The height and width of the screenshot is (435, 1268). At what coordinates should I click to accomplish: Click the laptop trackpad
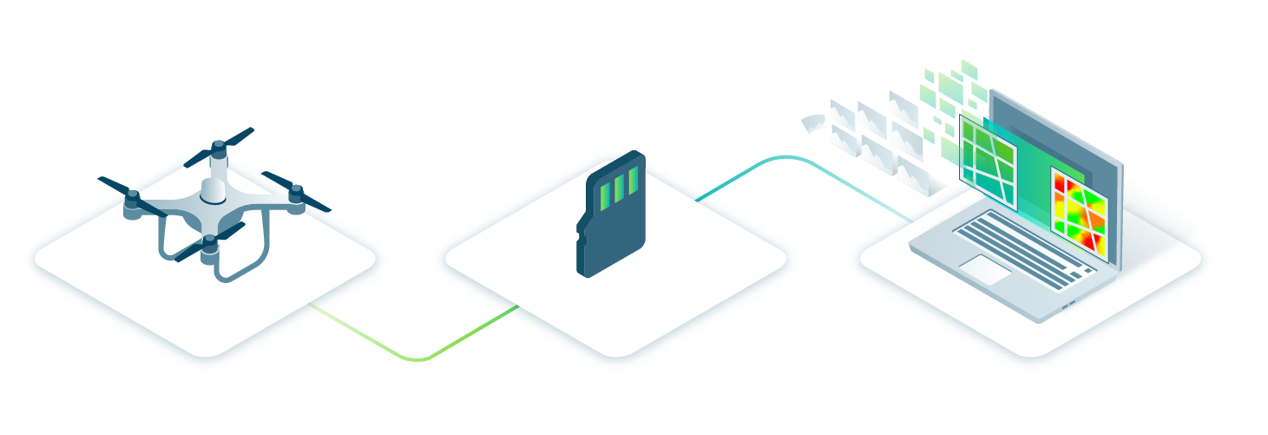984,269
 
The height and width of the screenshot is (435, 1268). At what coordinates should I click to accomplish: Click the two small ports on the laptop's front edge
1068,305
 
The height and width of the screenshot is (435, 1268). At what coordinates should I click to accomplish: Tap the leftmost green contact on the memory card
606,196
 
